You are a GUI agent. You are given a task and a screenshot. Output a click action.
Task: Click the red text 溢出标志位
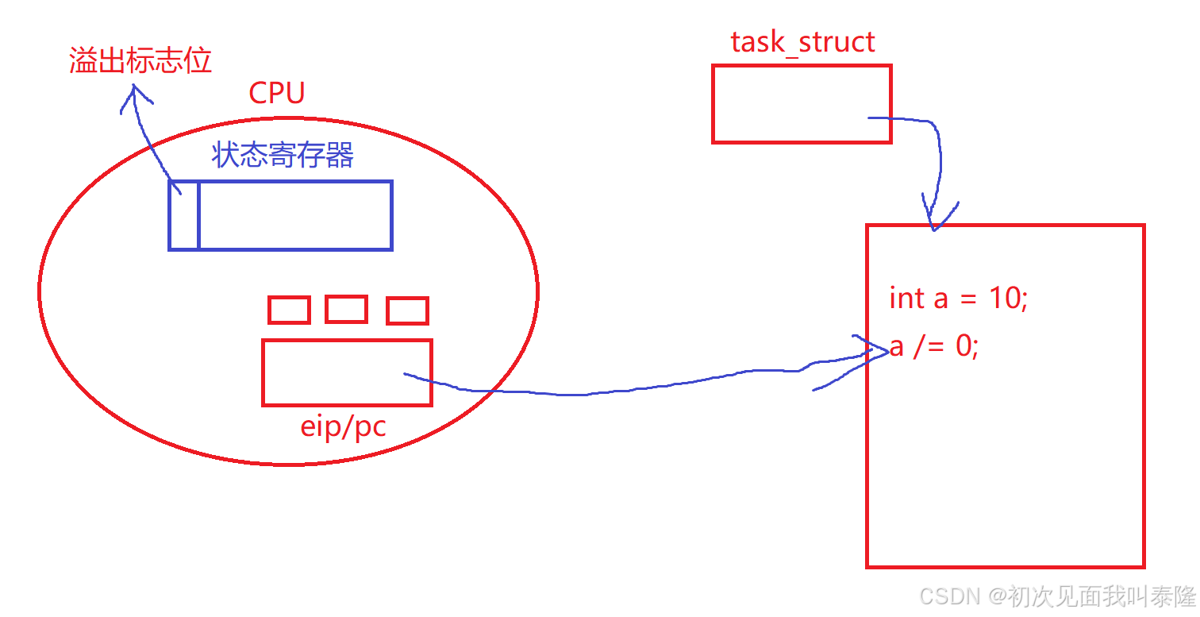[140, 61]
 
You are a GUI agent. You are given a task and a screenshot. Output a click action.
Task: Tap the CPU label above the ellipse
[276, 93]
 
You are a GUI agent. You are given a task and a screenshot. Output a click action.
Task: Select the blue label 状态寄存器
[283, 155]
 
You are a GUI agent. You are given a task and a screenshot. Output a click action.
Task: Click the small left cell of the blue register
[184, 215]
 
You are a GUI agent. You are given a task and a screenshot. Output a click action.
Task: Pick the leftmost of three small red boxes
[289, 310]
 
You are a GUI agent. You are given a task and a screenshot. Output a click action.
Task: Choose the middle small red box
[346, 309]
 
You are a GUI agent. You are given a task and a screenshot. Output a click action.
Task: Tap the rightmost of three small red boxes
[407, 310]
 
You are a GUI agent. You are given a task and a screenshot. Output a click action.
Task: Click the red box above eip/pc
[347, 372]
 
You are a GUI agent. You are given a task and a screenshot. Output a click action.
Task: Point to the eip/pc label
[343, 427]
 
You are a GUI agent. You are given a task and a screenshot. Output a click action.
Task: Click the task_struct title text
[802, 41]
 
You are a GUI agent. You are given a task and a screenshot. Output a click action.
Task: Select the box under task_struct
[802, 104]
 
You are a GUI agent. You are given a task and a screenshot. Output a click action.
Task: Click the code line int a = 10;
[958, 299]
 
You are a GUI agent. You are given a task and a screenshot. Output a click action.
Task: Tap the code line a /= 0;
[934, 347]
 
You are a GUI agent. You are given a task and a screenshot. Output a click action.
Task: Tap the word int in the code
[906, 299]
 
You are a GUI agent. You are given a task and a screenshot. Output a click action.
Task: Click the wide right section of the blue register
[295, 215]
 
